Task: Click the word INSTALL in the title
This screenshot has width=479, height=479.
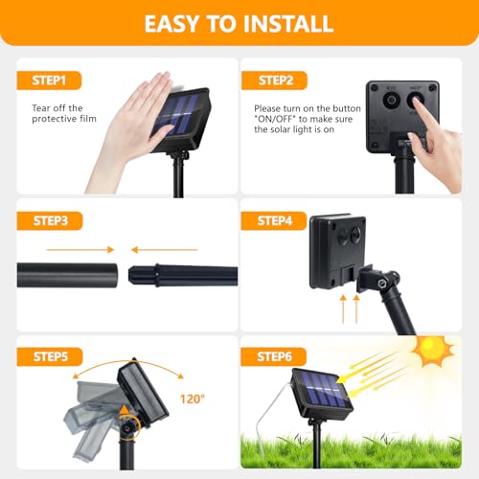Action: coord(282,24)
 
